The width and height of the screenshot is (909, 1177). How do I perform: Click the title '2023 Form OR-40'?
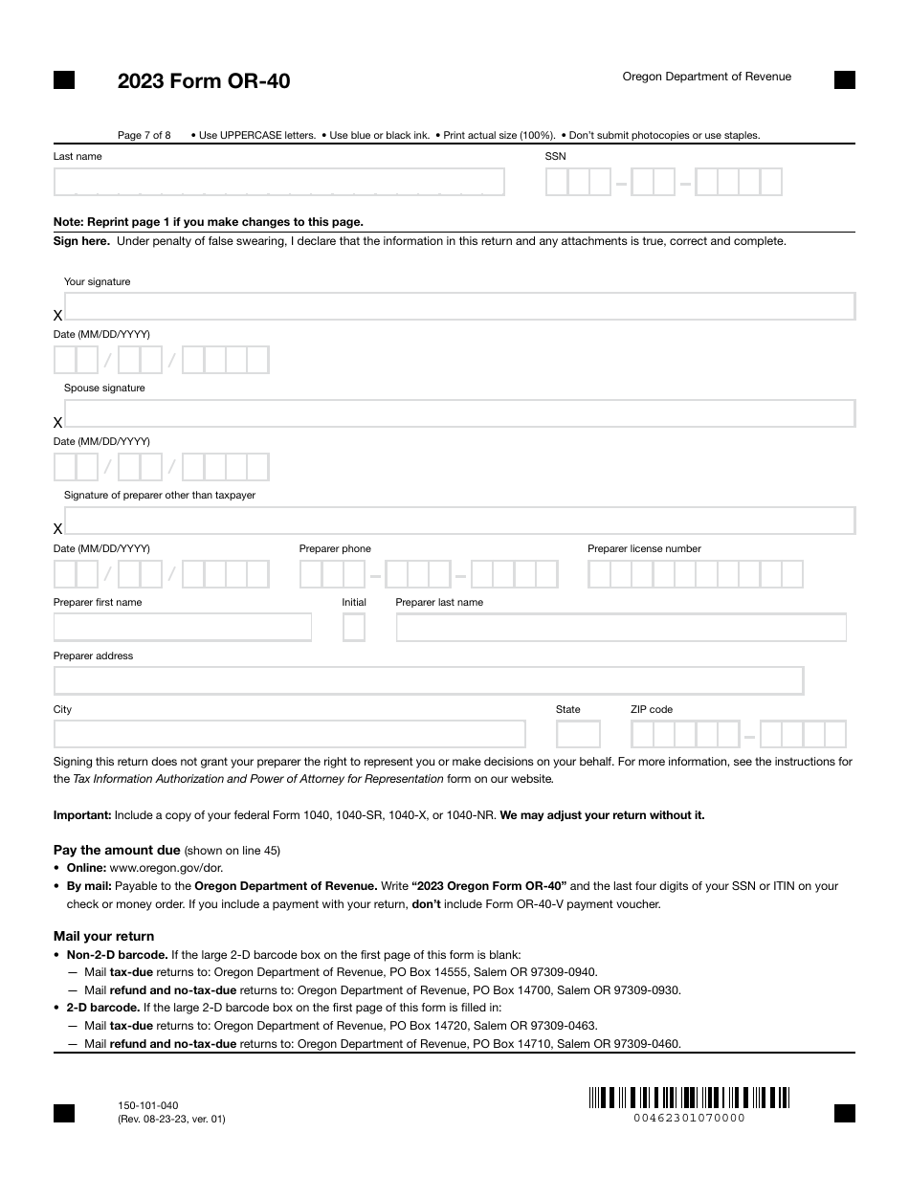(204, 81)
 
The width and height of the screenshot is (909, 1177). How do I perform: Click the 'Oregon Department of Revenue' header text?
(706, 77)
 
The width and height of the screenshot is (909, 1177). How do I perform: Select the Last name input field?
(278, 182)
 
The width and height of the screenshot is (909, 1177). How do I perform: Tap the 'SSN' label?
(555, 156)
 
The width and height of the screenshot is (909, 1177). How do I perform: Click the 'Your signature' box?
(459, 306)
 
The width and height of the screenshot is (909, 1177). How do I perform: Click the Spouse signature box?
(459, 413)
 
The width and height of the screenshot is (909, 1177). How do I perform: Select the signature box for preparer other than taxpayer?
(459, 521)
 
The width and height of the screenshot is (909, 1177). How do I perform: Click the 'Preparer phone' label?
(335, 548)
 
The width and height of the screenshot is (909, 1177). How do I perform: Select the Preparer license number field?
(696, 574)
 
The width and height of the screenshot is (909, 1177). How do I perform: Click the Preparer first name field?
(183, 628)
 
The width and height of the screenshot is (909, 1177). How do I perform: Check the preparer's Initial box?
(354, 628)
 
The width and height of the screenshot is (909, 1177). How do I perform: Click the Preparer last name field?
(621, 628)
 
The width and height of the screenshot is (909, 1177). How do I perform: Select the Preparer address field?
(429, 680)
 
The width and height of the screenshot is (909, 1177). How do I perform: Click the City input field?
(290, 734)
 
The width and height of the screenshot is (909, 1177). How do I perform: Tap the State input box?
(578, 734)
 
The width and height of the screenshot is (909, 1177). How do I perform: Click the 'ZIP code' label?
(651, 709)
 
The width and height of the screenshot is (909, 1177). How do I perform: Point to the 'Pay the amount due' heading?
(117, 850)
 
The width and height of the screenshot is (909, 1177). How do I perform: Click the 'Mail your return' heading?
(103, 936)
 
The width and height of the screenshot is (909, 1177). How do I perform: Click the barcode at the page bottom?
(689, 1098)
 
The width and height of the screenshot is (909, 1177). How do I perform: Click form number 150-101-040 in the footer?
(147, 1105)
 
